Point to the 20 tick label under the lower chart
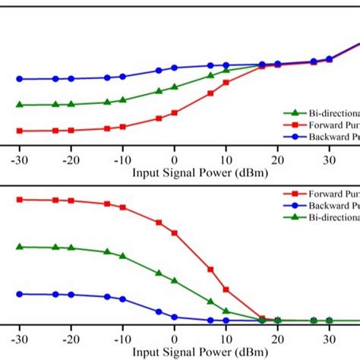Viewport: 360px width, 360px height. pos(277,340)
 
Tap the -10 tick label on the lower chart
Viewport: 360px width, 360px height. pos(122,340)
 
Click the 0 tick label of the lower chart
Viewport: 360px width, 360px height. pos(174,340)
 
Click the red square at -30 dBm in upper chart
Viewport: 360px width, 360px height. pos(21,131)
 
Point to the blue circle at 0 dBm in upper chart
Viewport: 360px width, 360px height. pos(174,68)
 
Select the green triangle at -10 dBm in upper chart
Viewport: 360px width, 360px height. pos(122,99)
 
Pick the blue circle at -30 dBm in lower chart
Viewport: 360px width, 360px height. pos(21,294)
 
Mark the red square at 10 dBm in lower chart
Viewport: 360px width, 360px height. pos(226,289)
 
